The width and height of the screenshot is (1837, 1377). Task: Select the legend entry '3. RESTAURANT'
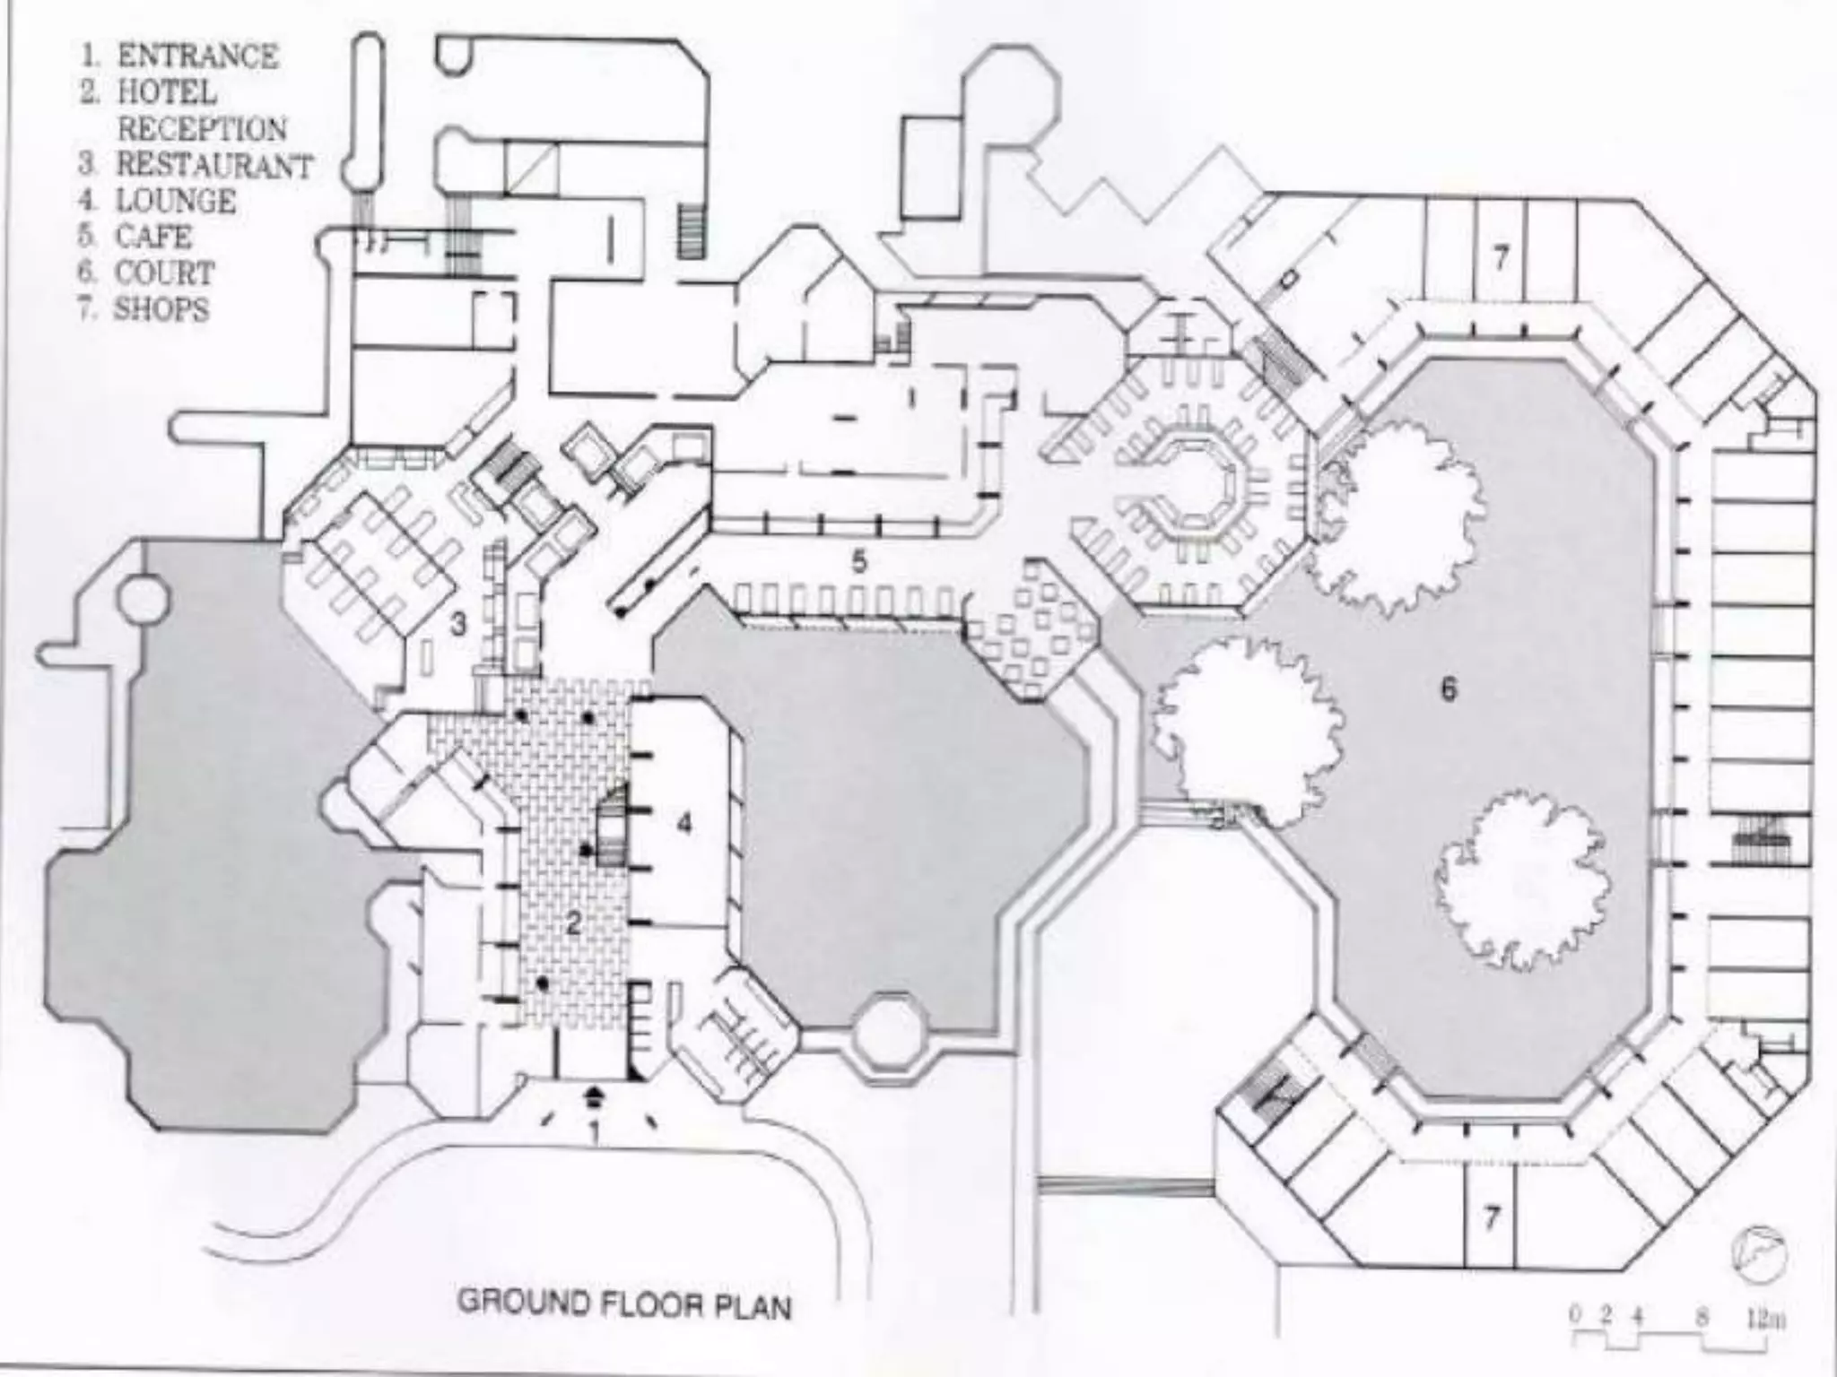pyautogui.click(x=196, y=165)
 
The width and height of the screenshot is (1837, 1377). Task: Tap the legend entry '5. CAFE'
pyautogui.click(x=135, y=237)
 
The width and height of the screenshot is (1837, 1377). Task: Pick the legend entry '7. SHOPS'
pyautogui.click(x=144, y=309)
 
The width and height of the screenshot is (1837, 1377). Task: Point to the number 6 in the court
pyautogui.click(x=1449, y=688)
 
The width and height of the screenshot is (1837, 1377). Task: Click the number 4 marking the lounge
pyautogui.click(x=684, y=823)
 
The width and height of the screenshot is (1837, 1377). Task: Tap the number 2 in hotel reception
pyautogui.click(x=574, y=922)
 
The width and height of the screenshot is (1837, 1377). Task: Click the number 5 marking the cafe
pyautogui.click(x=859, y=562)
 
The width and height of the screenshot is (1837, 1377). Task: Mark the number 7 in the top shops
pyautogui.click(x=1501, y=258)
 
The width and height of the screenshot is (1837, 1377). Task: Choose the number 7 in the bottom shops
pyautogui.click(x=1491, y=1217)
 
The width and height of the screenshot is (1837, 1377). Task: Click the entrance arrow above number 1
pyautogui.click(x=595, y=1094)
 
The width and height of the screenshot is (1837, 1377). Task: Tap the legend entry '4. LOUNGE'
pyautogui.click(x=158, y=201)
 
